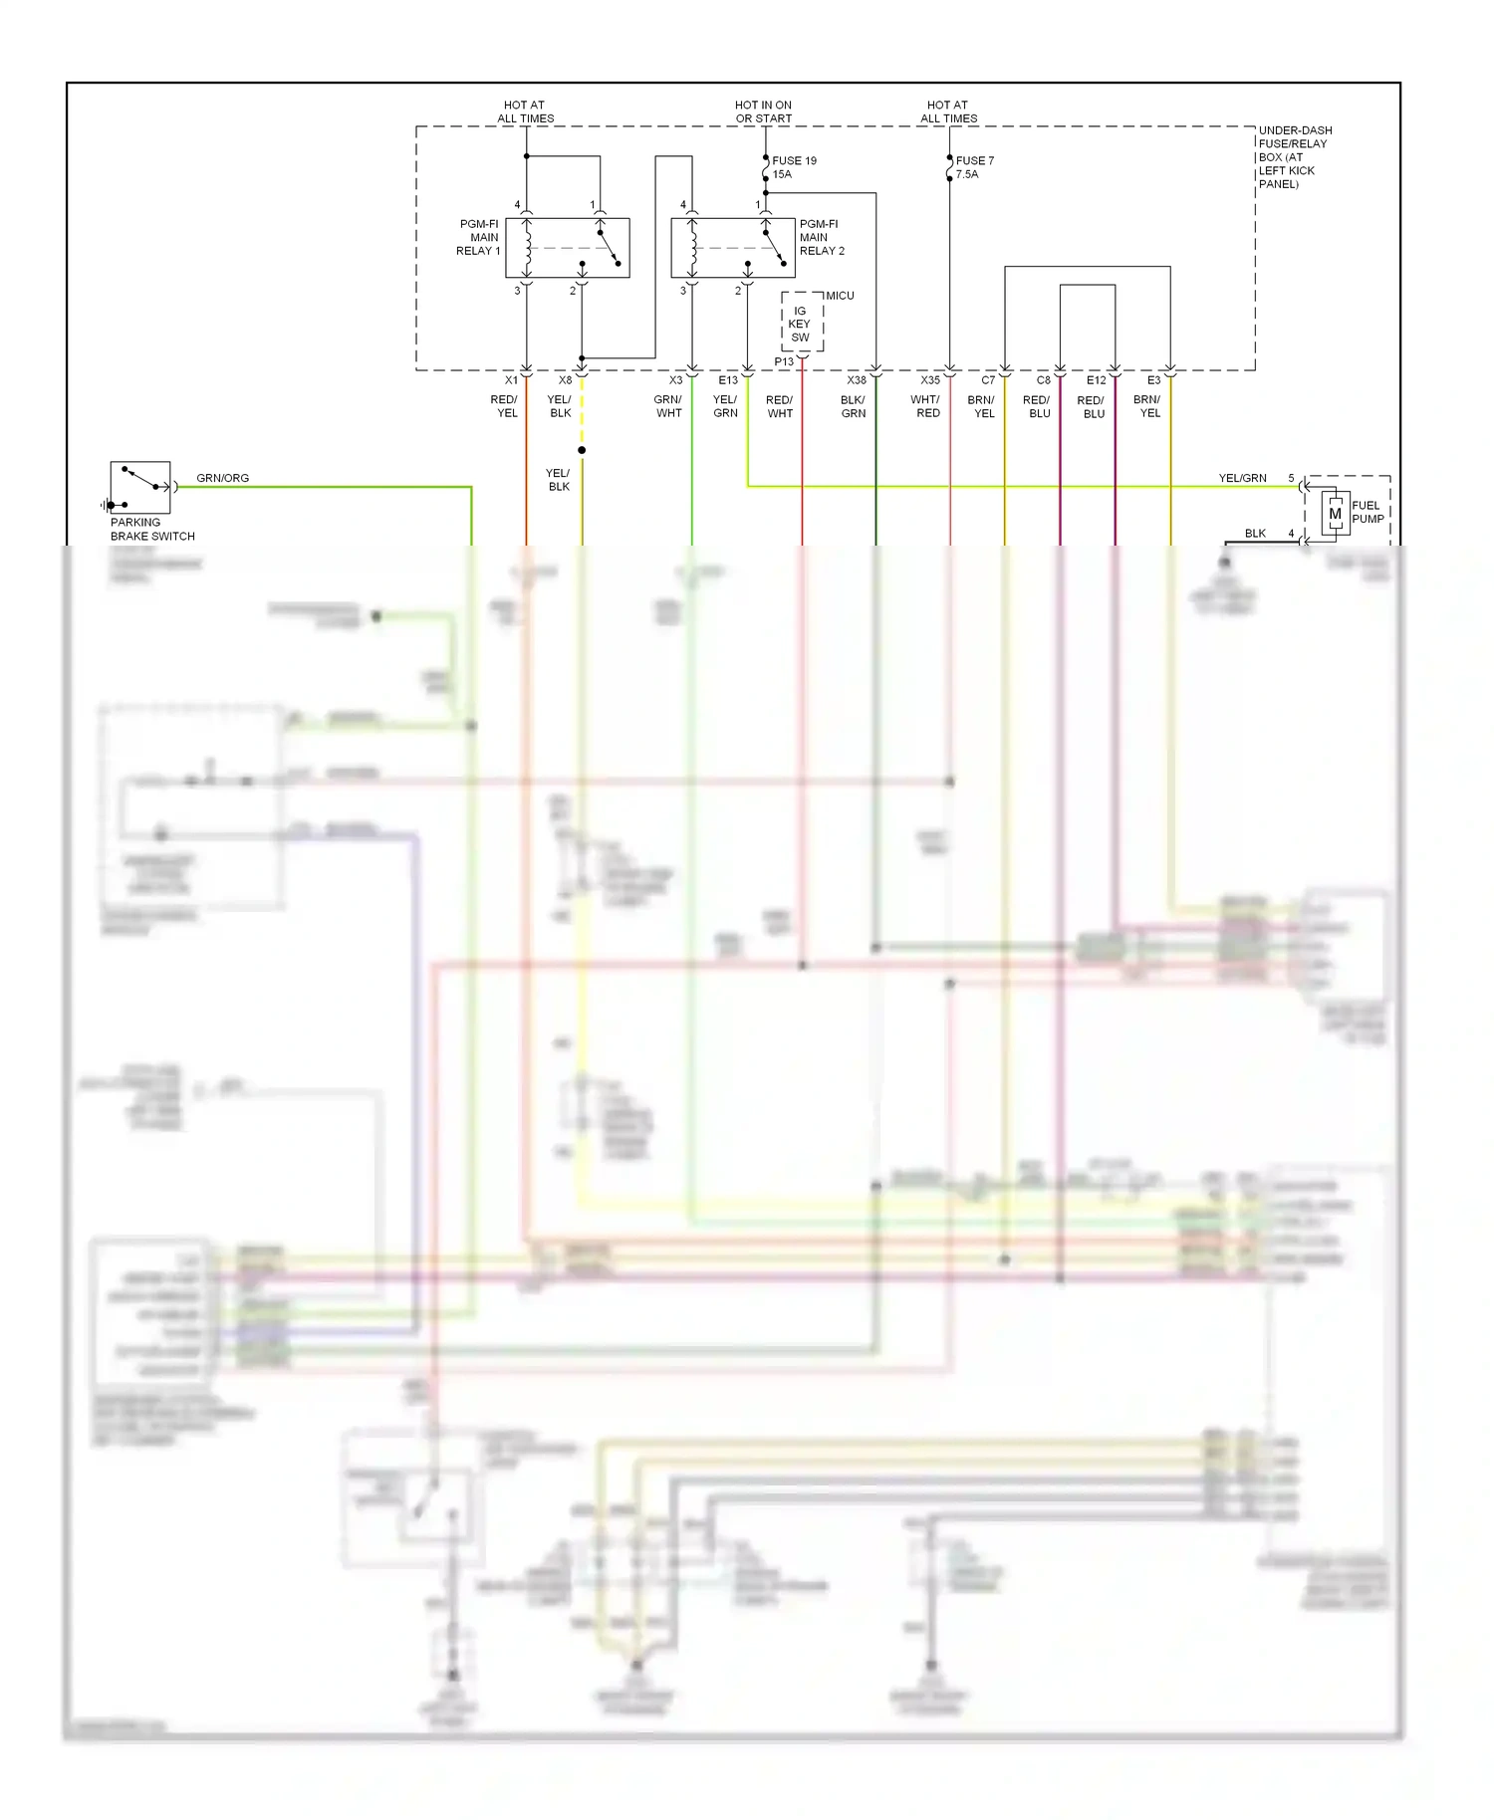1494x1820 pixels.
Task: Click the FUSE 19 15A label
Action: coord(794,167)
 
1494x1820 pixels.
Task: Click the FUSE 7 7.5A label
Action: coord(973,167)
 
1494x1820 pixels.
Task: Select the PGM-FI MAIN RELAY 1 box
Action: coord(567,248)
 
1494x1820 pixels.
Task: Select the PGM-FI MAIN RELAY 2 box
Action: coord(732,248)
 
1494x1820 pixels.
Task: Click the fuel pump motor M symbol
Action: coord(1335,514)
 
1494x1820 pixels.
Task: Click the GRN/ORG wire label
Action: coord(222,478)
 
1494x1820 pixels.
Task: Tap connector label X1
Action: coord(511,380)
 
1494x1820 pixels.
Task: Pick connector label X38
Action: coord(857,380)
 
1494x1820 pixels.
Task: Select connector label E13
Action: coord(728,380)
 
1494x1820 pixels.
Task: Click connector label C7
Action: coord(988,380)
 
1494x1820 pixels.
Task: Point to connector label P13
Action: coord(784,361)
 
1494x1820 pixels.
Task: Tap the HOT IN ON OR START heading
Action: coord(763,112)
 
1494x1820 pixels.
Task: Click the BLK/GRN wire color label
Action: coord(853,406)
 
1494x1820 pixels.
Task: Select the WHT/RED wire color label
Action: coord(925,406)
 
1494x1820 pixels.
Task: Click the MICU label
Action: coord(840,296)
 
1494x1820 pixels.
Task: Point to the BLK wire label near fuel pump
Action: coord(1255,534)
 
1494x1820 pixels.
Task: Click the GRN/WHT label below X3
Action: coord(668,406)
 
